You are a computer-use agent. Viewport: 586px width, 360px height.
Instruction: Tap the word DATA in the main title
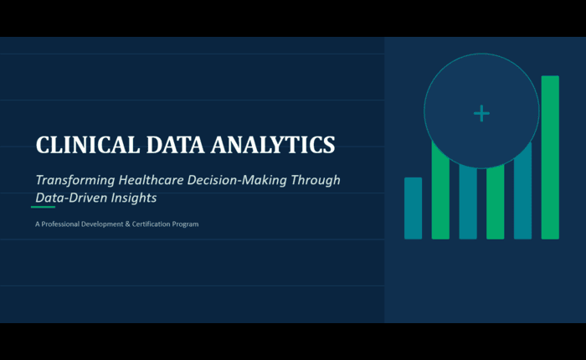[175, 145]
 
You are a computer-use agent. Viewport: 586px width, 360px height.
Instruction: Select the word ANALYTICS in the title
[273, 145]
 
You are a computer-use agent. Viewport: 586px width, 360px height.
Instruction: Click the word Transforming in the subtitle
[75, 181]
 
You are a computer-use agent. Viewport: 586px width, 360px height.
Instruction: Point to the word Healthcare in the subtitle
[151, 180]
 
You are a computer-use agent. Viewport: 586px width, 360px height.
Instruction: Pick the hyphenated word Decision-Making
[237, 181]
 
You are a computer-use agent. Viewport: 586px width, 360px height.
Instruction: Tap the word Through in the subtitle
[316, 181]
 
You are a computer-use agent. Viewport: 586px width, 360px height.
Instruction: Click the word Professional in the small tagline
[60, 224]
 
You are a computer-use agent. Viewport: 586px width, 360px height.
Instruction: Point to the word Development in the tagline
[102, 224]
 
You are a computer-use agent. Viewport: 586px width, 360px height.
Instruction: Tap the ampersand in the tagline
[127, 224]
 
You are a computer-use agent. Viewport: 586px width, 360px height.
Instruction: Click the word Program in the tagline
[185, 224]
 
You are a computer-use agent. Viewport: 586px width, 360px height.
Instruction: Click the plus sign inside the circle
[481, 113]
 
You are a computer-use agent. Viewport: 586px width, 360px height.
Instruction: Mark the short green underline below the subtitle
[43, 207]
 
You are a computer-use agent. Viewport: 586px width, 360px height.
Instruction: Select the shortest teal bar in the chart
[413, 208]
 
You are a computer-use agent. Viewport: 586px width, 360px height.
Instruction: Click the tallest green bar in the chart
[550, 157]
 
